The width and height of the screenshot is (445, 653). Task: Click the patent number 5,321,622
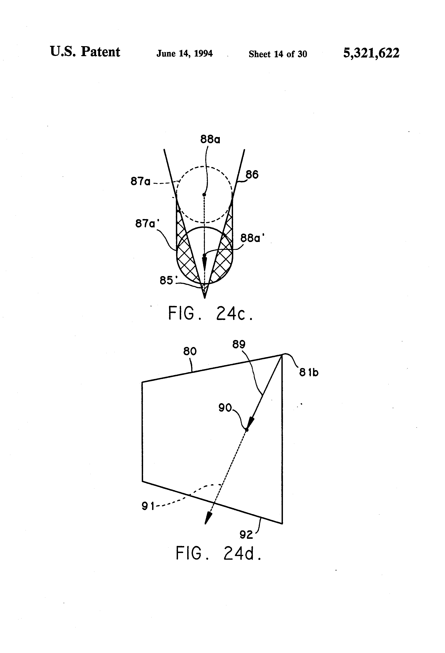pyautogui.click(x=371, y=53)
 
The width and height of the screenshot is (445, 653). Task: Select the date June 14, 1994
pyautogui.click(x=184, y=53)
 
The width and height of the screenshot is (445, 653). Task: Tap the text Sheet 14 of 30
pyautogui.click(x=278, y=54)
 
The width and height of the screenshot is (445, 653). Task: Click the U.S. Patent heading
pyautogui.click(x=85, y=52)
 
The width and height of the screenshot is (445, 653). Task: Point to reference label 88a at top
pyautogui.click(x=210, y=139)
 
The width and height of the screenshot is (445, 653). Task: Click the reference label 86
pyautogui.click(x=252, y=175)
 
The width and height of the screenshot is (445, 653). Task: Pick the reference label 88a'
pyautogui.click(x=253, y=238)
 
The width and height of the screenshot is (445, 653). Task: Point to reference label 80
pyautogui.click(x=190, y=351)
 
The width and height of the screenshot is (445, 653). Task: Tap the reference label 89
pyautogui.click(x=239, y=344)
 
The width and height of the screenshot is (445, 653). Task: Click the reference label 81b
pyautogui.click(x=309, y=372)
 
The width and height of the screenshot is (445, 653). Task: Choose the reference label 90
pyautogui.click(x=225, y=408)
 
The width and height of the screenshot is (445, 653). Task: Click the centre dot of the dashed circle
pyautogui.click(x=204, y=195)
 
